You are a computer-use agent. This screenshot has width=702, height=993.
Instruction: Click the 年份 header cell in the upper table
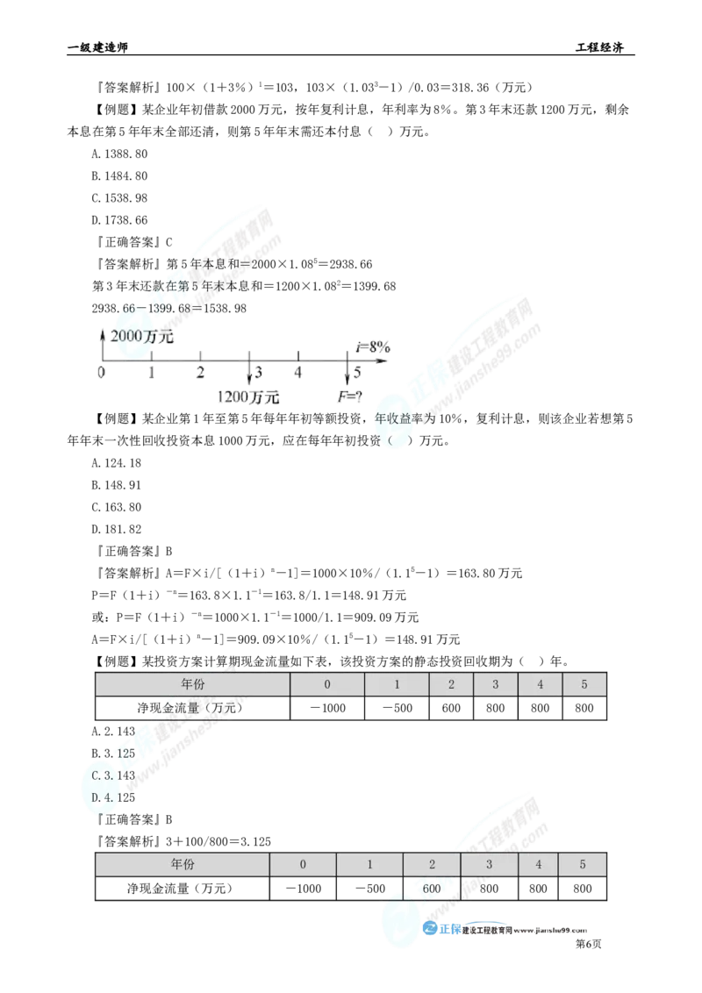click(191, 684)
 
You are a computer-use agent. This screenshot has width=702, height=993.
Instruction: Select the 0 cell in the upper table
click(326, 684)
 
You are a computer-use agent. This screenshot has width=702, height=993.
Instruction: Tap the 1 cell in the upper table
click(397, 684)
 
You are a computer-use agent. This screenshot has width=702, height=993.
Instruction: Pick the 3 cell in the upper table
click(496, 684)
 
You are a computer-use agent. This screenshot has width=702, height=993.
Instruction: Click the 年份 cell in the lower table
click(182, 864)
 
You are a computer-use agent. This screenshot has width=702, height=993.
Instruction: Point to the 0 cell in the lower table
click(303, 864)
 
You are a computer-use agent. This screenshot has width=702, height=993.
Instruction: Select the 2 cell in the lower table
click(432, 864)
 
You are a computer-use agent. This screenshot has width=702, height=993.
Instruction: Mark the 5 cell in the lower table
click(582, 864)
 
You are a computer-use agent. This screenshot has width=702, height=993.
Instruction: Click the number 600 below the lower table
click(431, 888)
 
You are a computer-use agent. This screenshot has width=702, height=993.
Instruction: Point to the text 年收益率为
click(403, 420)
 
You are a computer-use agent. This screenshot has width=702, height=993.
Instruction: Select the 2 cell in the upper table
click(452, 684)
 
